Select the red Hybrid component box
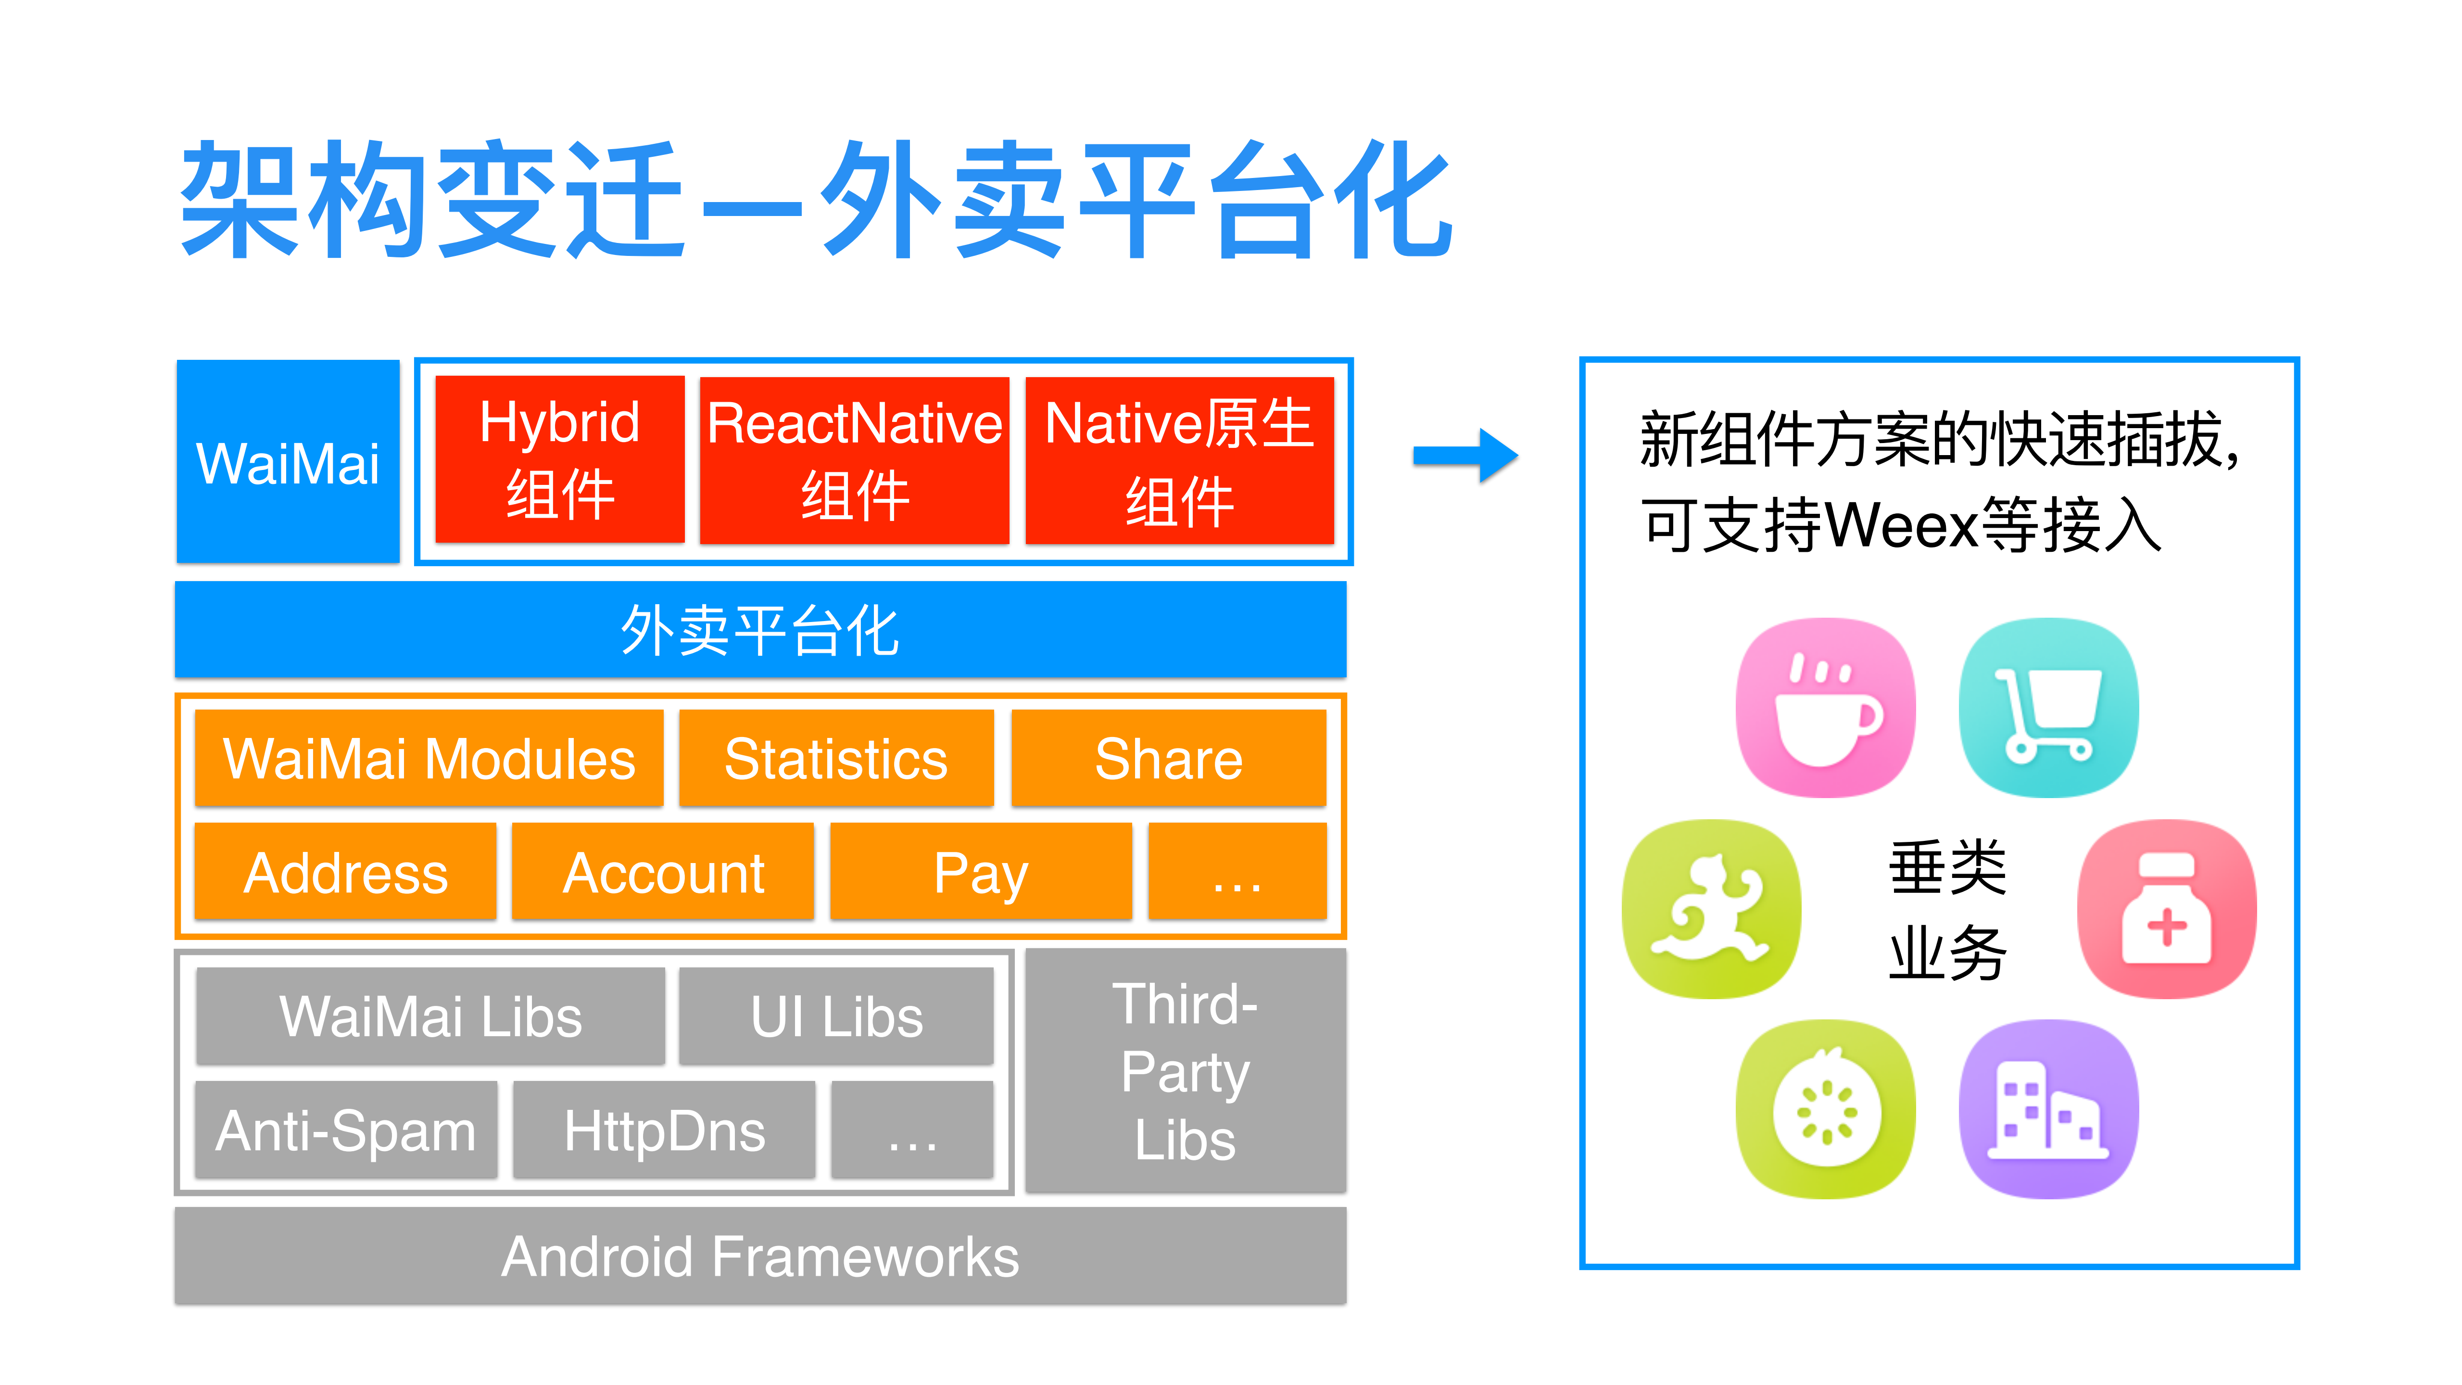(x=559, y=460)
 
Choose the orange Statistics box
(x=836, y=759)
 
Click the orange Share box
(x=1168, y=759)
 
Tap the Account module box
(x=663, y=872)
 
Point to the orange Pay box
(x=981, y=872)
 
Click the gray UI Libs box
(x=836, y=1016)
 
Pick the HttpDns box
(x=664, y=1130)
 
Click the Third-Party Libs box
(x=1185, y=1070)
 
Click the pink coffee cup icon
(x=1826, y=707)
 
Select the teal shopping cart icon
(x=2048, y=707)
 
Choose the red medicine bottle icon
(x=2167, y=908)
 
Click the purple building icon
(x=2048, y=1109)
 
